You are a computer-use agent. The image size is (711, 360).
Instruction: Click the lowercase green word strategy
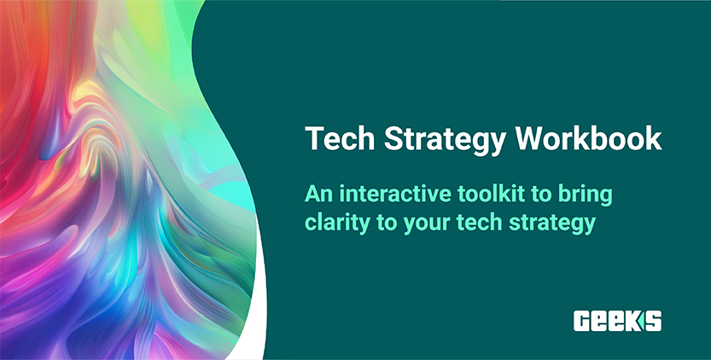tap(549, 223)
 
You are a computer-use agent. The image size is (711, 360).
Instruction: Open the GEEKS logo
tap(617, 320)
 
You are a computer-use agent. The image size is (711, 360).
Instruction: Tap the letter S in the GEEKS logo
tap(653, 320)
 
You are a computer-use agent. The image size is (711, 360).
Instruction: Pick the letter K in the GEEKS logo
tap(635, 320)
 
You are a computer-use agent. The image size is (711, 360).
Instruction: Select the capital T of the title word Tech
tap(313, 139)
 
